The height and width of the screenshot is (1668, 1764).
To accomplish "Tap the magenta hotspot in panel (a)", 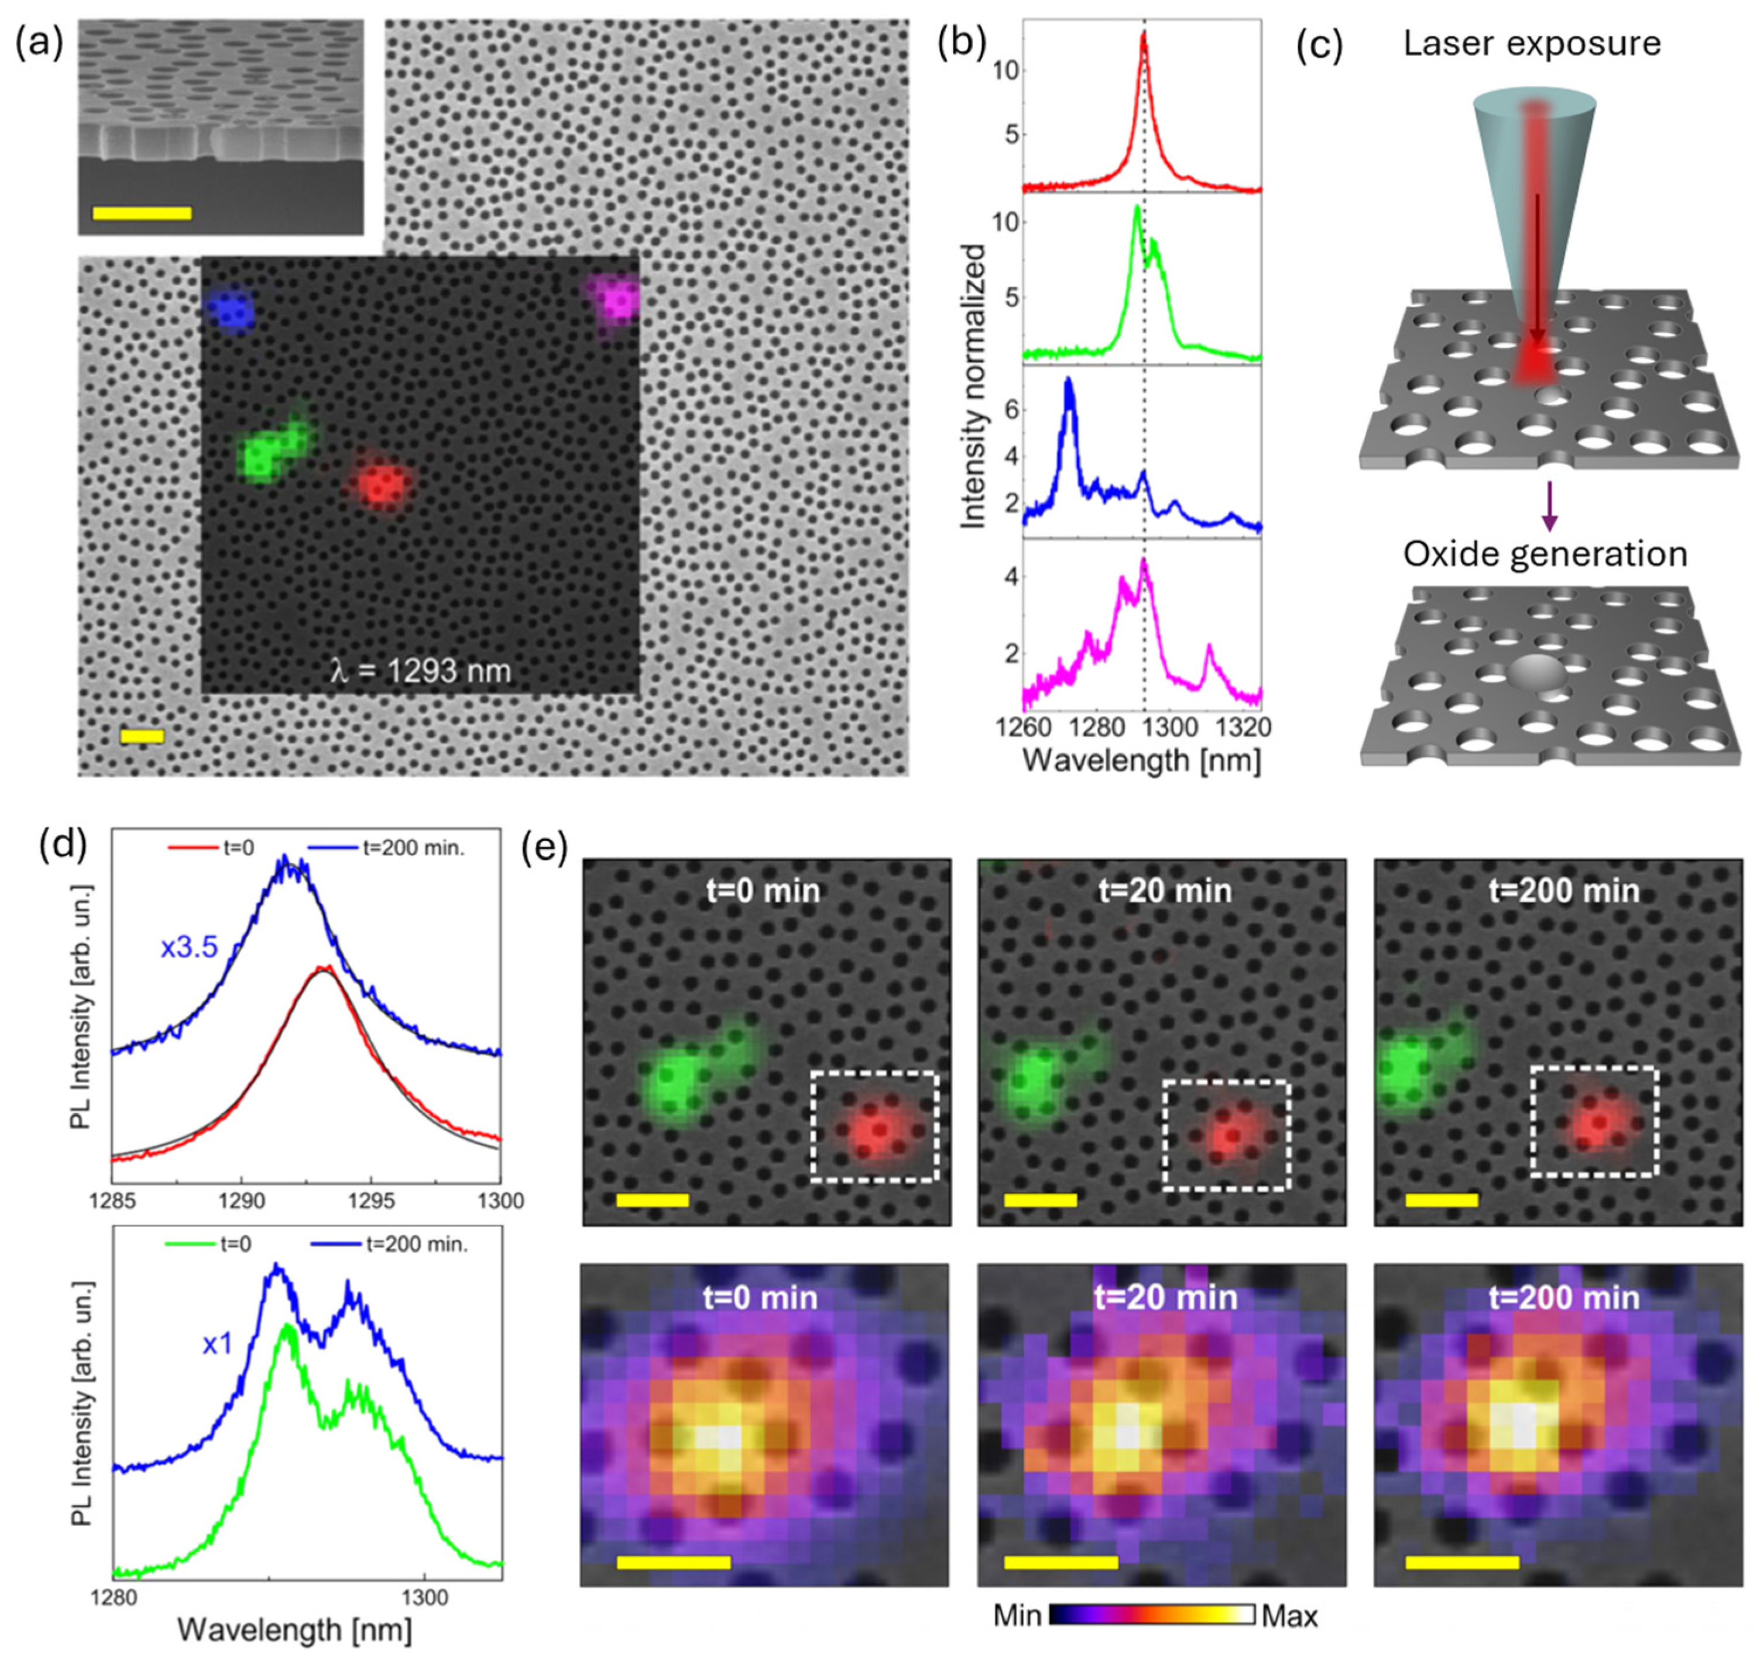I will click(616, 302).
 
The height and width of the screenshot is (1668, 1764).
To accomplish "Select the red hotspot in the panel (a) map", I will click(383, 485).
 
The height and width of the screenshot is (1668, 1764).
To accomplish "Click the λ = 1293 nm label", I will click(421, 670).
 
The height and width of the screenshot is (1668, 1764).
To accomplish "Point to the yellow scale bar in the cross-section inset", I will click(142, 213).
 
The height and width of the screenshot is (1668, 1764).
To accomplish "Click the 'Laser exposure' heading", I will click(1532, 43).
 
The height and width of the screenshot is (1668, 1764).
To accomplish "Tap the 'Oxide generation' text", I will click(1545, 554).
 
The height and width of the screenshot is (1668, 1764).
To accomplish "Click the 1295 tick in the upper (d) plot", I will click(371, 1202).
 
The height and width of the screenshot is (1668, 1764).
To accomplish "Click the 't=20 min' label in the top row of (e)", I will click(1165, 890).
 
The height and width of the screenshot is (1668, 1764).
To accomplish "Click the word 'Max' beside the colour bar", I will click(1289, 1615).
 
